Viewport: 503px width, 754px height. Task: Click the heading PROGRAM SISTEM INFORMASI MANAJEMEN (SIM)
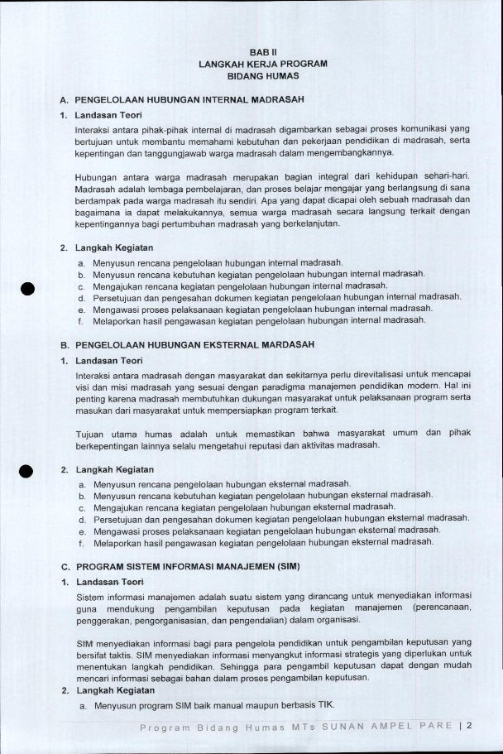click(x=187, y=567)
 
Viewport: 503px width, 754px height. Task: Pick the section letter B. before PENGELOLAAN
click(x=64, y=343)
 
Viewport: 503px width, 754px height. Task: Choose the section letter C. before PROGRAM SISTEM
click(x=64, y=567)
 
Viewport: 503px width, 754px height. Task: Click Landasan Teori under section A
click(x=108, y=115)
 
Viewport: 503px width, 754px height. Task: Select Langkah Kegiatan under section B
click(x=113, y=469)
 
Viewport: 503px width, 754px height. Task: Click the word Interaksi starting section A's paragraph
click(x=92, y=131)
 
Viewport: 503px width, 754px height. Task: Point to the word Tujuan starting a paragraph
click(x=89, y=432)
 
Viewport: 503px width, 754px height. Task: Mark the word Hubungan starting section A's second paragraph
click(x=94, y=176)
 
